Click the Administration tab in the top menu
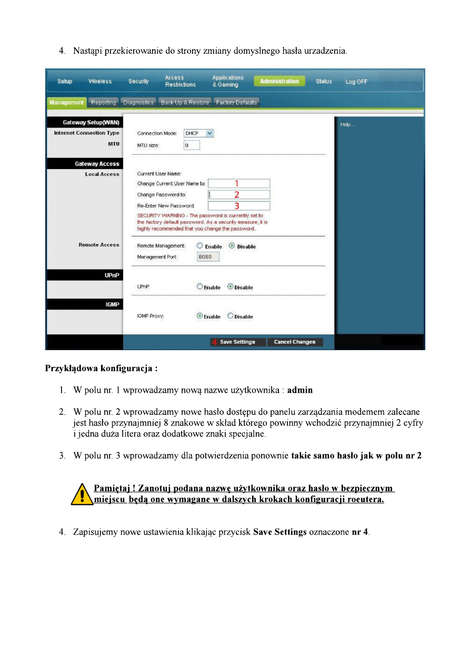[x=279, y=81]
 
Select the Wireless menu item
[x=100, y=81]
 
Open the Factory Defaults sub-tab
[x=236, y=102]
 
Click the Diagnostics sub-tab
[x=138, y=102]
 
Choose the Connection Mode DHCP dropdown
[x=198, y=133]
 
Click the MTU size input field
[x=192, y=145]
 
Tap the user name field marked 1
[x=238, y=183]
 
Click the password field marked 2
[x=238, y=194]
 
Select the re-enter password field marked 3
[x=238, y=206]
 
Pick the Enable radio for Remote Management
[x=200, y=246]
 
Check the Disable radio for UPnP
[x=231, y=287]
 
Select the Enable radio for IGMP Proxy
[x=200, y=316]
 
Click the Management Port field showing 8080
[x=207, y=257]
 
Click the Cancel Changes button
[x=295, y=342]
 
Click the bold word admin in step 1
[x=300, y=390]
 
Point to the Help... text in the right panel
[x=347, y=125]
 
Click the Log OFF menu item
[x=356, y=82]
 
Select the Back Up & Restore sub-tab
[x=185, y=102]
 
